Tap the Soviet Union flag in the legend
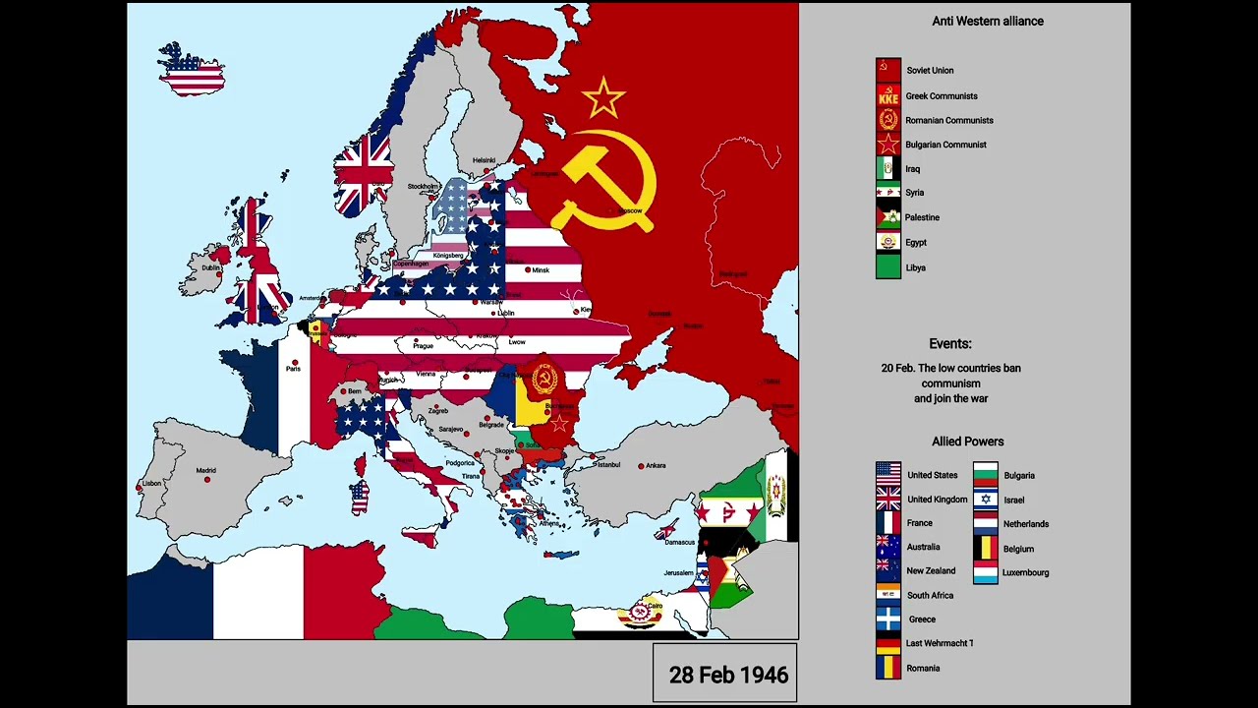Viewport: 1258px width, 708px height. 887,70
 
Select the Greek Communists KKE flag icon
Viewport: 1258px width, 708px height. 887,95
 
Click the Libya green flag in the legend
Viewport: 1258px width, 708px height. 887,266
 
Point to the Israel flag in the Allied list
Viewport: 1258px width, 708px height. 986,500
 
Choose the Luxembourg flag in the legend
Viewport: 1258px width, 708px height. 986,572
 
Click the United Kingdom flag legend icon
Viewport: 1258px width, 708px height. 887,499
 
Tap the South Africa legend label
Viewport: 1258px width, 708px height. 930,595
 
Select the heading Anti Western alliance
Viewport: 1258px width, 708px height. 987,21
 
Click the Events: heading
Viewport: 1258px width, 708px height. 949,343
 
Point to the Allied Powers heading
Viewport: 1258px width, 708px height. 967,442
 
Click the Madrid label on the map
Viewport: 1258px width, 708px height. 205,471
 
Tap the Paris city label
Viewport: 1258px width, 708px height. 293,369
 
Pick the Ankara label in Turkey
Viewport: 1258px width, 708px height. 655,465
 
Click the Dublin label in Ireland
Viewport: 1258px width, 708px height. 211,267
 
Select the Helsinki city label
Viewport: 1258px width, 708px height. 484,160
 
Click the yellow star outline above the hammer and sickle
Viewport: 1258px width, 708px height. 602,98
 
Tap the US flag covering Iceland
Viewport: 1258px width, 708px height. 193,71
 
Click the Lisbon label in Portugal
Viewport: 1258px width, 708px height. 151,483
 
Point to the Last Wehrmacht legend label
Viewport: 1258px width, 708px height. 939,643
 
